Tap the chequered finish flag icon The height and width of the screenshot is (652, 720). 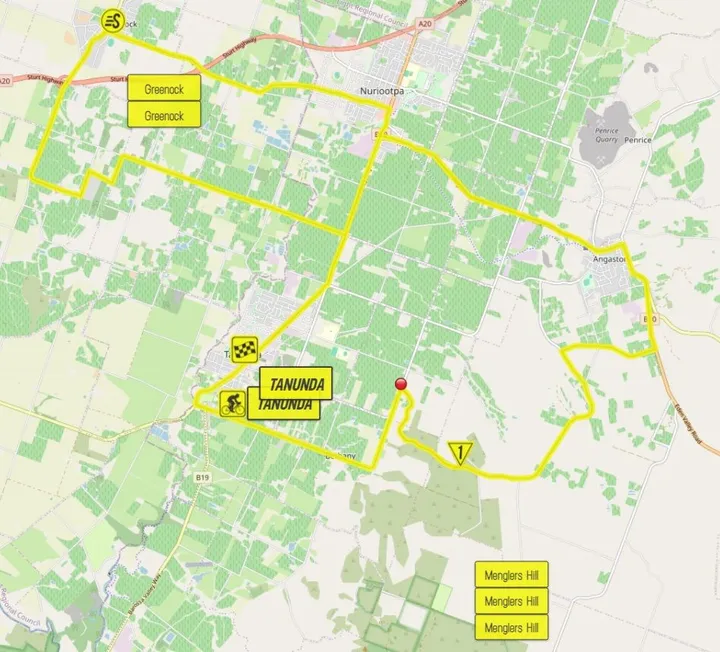coord(246,350)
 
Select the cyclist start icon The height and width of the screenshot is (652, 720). coord(232,404)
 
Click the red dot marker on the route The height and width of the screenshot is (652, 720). coord(402,383)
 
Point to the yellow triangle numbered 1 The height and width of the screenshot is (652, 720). coord(460,453)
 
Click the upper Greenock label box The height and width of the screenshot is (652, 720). coord(164,88)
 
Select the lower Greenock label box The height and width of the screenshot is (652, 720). coord(164,115)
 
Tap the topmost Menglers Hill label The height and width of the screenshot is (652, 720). coord(511,574)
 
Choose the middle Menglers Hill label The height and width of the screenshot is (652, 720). coord(511,601)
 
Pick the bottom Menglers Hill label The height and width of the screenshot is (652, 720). coord(511,628)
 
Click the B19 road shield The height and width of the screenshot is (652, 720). coord(203,479)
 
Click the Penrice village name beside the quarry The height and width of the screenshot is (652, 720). coord(637,140)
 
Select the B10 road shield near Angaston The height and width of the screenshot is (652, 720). coord(649,318)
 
